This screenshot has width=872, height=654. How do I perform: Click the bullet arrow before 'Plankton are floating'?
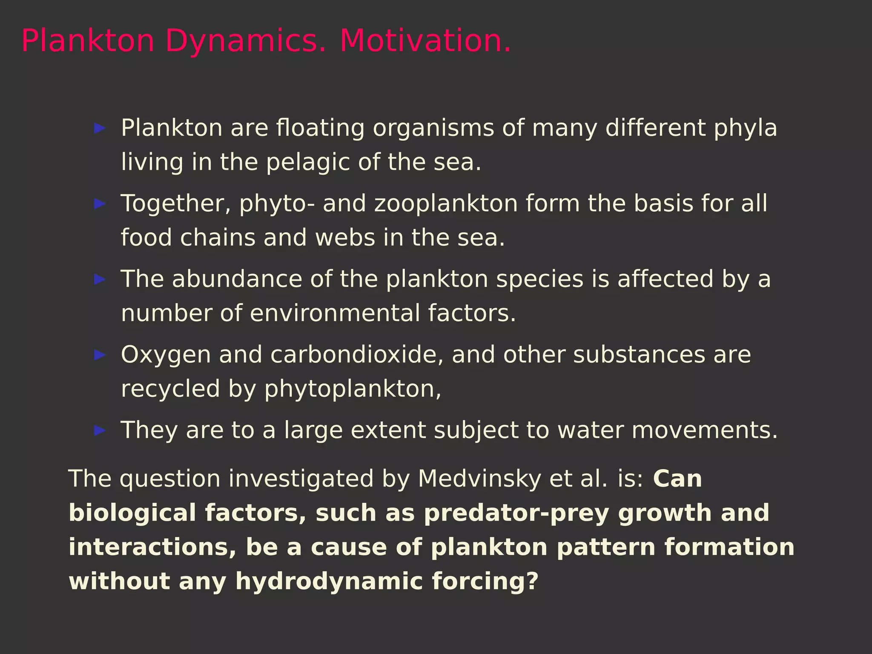pyautogui.click(x=100, y=128)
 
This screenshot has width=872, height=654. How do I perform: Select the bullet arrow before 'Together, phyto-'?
pyautogui.click(x=100, y=204)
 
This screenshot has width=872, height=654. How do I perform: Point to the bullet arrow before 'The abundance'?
pyautogui.click(x=100, y=279)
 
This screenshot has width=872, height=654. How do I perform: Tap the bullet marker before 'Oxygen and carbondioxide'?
pyautogui.click(x=100, y=355)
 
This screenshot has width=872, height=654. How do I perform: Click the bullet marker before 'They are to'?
pyautogui.click(x=100, y=430)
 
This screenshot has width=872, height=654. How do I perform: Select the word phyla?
pyautogui.click(x=745, y=128)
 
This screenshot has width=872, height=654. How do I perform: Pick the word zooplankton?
pyautogui.click(x=446, y=204)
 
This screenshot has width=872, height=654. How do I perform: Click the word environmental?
pyautogui.click(x=334, y=313)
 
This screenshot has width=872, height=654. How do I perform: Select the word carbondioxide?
pyautogui.click(x=356, y=355)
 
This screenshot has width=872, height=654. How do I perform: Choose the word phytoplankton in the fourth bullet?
pyautogui.click(x=353, y=389)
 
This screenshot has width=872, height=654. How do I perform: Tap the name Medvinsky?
pyautogui.click(x=479, y=479)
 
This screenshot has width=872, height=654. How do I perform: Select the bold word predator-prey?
pyautogui.click(x=516, y=513)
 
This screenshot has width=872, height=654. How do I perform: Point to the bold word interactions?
pyautogui.click(x=152, y=547)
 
